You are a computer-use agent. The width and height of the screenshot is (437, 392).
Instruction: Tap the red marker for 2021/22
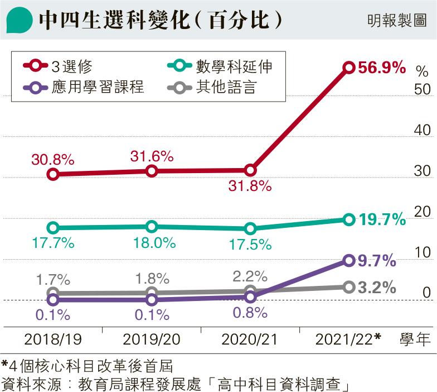pos(349,68)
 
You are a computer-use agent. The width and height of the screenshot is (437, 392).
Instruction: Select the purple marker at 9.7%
pos(349,260)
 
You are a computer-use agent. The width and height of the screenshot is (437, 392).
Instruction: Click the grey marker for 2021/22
pos(349,287)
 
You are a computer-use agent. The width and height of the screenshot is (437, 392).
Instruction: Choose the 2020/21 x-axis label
pos(250,339)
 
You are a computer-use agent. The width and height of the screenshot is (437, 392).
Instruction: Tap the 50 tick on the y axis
pos(422,89)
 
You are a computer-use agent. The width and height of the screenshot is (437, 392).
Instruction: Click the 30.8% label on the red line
pos(53,159)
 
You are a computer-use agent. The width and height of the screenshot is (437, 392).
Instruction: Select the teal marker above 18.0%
pos(152,226)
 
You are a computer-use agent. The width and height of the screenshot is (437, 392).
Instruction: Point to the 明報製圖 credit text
pos(397,21)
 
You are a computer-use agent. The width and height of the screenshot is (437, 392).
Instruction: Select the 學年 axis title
pos(415,339)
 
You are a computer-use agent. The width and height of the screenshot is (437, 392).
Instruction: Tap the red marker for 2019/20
pos(152,171)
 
